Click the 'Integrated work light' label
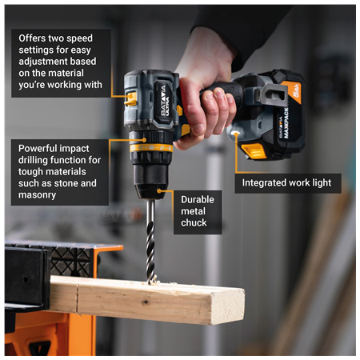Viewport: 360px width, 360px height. (x=286, y=182)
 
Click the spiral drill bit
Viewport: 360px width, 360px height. (x=150, y=240)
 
